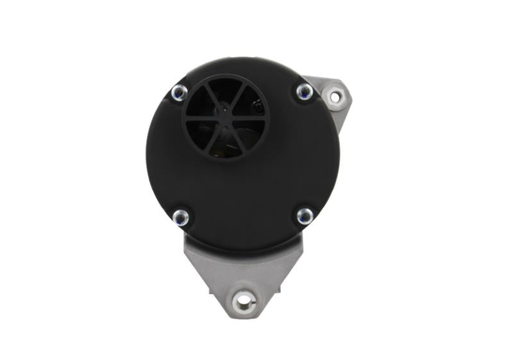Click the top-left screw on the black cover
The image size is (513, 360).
click(x=180, y=92)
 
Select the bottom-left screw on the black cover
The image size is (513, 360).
click(x=181, y=217)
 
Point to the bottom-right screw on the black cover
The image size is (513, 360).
click(x=305, y=216)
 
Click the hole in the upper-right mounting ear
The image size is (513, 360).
click(x=334, y=97)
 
